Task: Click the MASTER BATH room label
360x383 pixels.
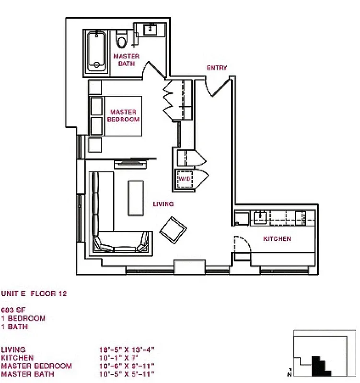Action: [x=126, y=60]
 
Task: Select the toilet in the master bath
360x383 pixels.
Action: [x=122, y=40]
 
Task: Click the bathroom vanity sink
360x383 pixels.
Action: [x=151, y=30]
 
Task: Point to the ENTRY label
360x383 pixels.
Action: [x=217, y=68]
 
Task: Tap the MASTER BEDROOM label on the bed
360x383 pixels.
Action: [x=123, y=115]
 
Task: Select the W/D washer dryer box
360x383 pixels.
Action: [x=184, y=179]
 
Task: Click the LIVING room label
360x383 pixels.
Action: [x=163, y=204]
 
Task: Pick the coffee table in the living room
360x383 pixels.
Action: [x=136, y=197]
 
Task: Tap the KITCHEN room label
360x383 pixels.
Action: [x=277, y=238]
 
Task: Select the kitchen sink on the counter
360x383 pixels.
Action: [x=261, y=217]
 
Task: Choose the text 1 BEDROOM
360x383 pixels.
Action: [x=23, y=318]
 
